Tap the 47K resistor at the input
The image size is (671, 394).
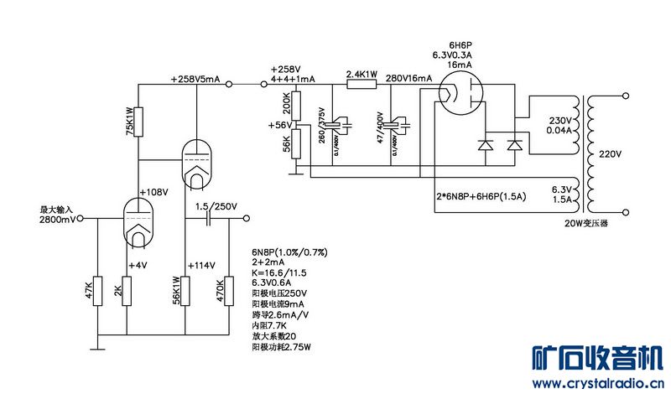(97, 290)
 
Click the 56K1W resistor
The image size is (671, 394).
(186, 290)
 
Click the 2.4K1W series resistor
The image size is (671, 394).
(363, 83)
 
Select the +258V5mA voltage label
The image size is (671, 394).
(195, 79)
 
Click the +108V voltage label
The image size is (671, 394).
(154, 192)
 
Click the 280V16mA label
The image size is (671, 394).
(408, 78)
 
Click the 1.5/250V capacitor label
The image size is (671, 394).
(216, 206)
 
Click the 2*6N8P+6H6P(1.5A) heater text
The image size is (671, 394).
(480, 197)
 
